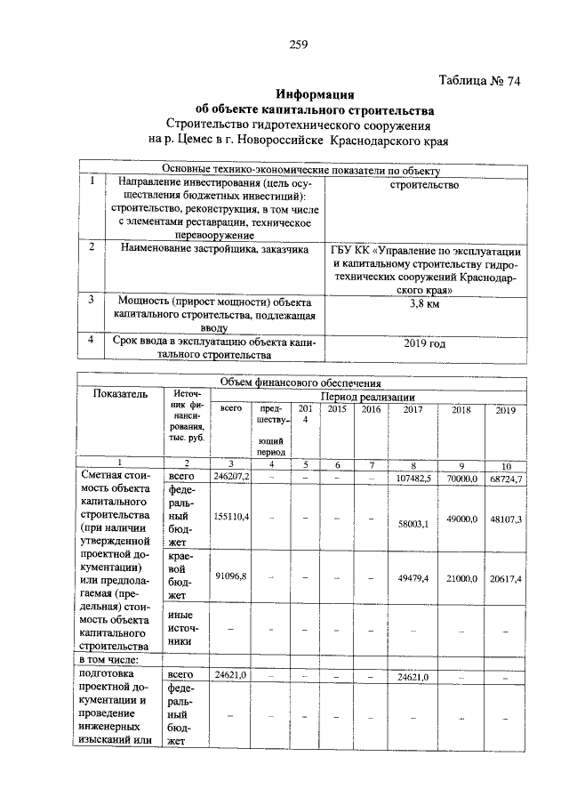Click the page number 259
[298, 47]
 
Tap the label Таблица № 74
[479, 81]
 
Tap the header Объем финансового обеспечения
[301, 382]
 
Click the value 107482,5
[412, 479]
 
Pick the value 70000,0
[462, 479]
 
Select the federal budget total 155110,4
[233, 517]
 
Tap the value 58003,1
[413, 524]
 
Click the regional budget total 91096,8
[233, 576]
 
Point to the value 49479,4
[413, 578]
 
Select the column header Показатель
[120, 397]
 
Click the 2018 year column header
[461, 410]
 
